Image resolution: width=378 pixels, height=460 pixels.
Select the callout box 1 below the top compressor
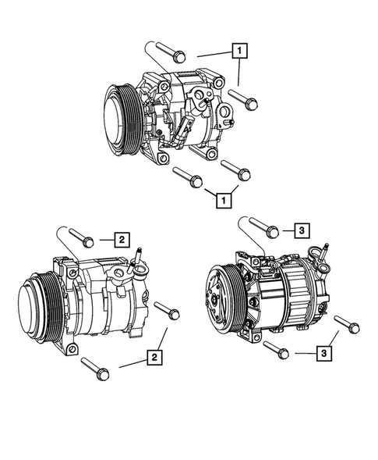[x=224, y=201]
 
